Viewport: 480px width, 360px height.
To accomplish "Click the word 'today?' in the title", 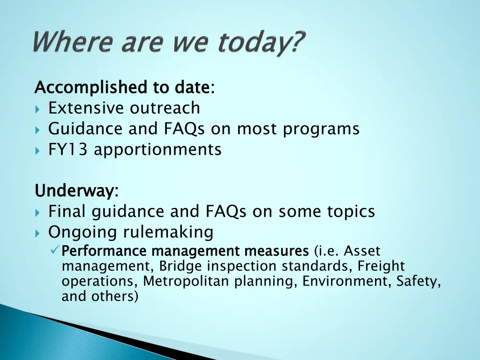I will point(260,44).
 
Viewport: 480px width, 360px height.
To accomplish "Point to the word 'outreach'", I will point(165,108).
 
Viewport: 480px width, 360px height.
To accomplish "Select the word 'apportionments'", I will point(157,150).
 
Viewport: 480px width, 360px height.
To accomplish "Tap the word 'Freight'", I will point(381,266).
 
